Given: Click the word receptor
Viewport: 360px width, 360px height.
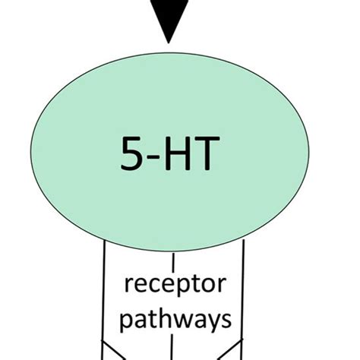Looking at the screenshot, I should point(175,288).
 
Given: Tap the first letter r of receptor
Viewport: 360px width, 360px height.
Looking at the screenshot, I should point(127,289).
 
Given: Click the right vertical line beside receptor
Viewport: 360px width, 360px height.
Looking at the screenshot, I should point(244,296).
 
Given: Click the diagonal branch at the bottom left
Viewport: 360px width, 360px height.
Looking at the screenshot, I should point(114,351).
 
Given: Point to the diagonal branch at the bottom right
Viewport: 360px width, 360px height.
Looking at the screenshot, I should point(232,351).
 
